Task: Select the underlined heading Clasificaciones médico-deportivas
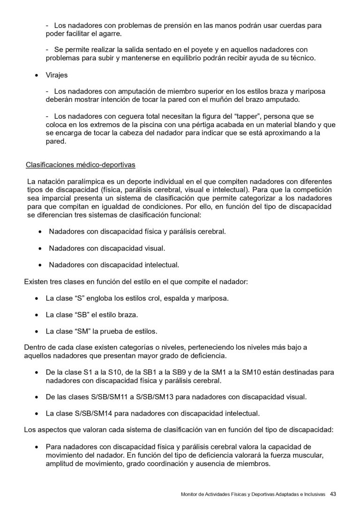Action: coord(81,165)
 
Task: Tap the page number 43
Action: coord(333,494)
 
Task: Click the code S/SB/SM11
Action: coord(110,397)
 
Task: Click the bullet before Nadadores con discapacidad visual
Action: coord(40,248)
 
